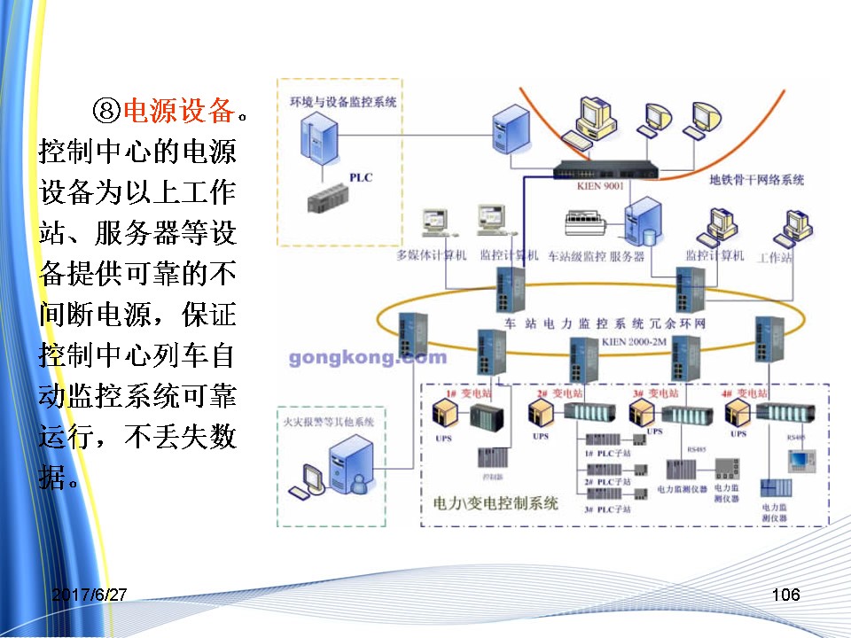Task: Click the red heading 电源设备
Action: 180,111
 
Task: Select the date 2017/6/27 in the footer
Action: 89,595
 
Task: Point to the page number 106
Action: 785,595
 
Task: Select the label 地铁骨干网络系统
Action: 756,180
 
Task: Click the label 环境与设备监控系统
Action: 343,102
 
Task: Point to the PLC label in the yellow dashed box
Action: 361,177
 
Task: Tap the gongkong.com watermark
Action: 367,358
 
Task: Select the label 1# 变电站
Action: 464,392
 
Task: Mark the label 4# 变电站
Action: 745,392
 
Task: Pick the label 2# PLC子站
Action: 607,481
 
